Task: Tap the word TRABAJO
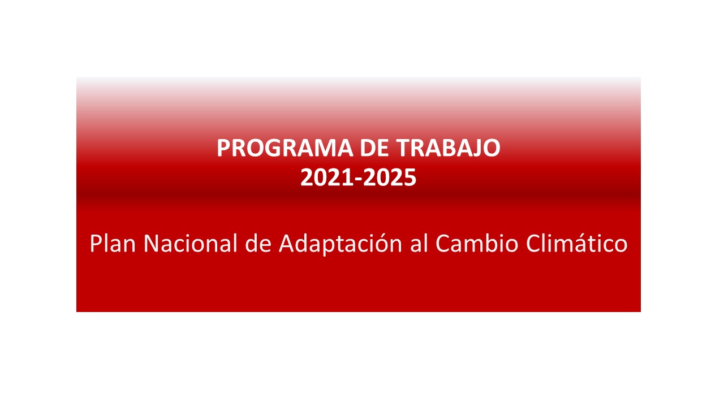pyautogui.click(x=448, y=148)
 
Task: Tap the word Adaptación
pyautogui.click(x=339, y=244)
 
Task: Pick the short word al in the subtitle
pyautogui.click(x=417, y=244)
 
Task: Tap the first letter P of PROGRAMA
pyautogui.click(x=223, y=148)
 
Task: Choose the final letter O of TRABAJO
pyautogui.click(x=492, y=148)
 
